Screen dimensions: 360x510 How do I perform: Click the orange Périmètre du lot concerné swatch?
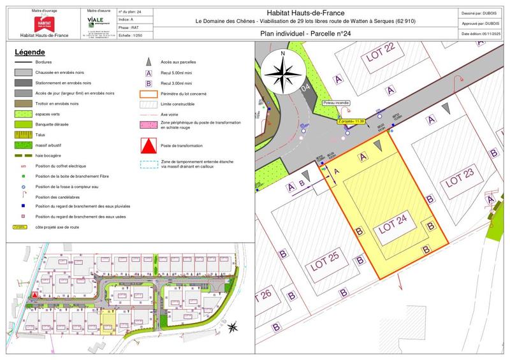coord(149,93)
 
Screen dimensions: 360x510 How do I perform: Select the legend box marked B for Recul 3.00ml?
coord(149,83)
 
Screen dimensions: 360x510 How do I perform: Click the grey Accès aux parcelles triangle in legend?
coord(149,62)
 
